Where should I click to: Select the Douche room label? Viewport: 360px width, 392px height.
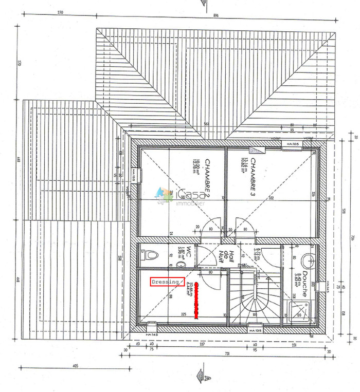(x=304, y=284)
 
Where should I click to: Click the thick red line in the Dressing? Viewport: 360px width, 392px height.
(x=196, y=303)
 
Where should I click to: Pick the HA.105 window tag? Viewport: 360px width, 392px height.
(x=293, y=144)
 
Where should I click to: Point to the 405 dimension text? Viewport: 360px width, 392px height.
(x=75, y=366)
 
